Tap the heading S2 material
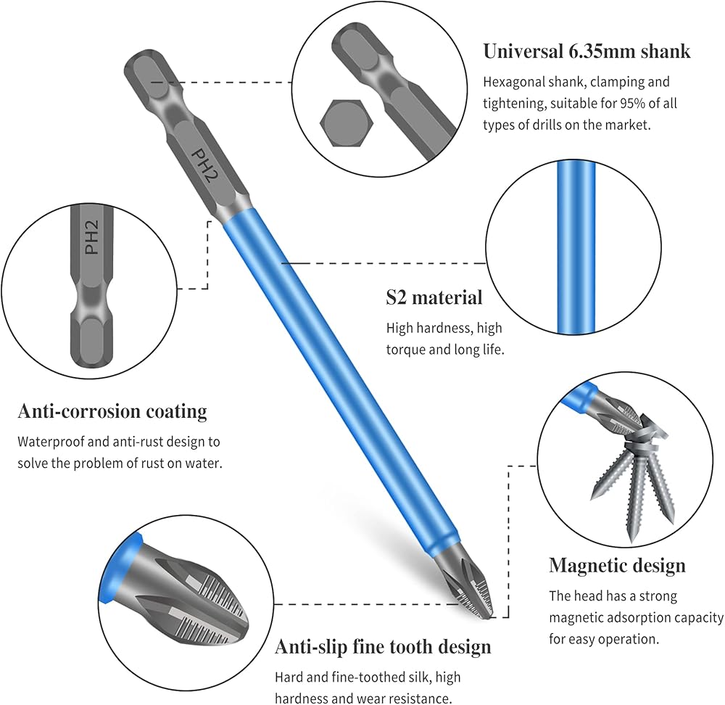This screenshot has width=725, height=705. point(434,297)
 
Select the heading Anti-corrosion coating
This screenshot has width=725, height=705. point(112,412)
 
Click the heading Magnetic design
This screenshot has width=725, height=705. point(617,565)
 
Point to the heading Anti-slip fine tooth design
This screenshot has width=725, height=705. point(383,646)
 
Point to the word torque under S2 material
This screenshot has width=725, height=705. point(406,350)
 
